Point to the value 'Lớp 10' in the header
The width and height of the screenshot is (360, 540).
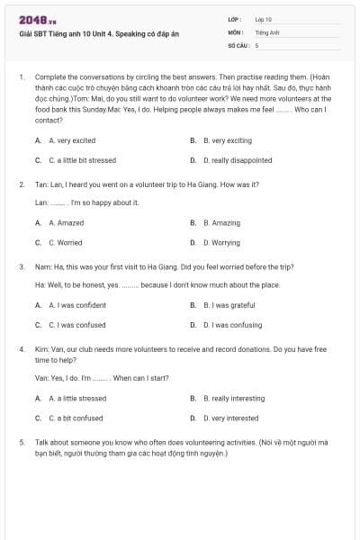pyautogui.click(x=263, y=19)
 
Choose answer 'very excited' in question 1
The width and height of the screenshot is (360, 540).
pyautogui.click(x=72, y=141)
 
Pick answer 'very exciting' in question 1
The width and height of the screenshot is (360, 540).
pyautogui.click(x=228, y=141)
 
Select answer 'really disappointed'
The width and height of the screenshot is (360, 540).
pyautogui.click(x=238, y=161)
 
